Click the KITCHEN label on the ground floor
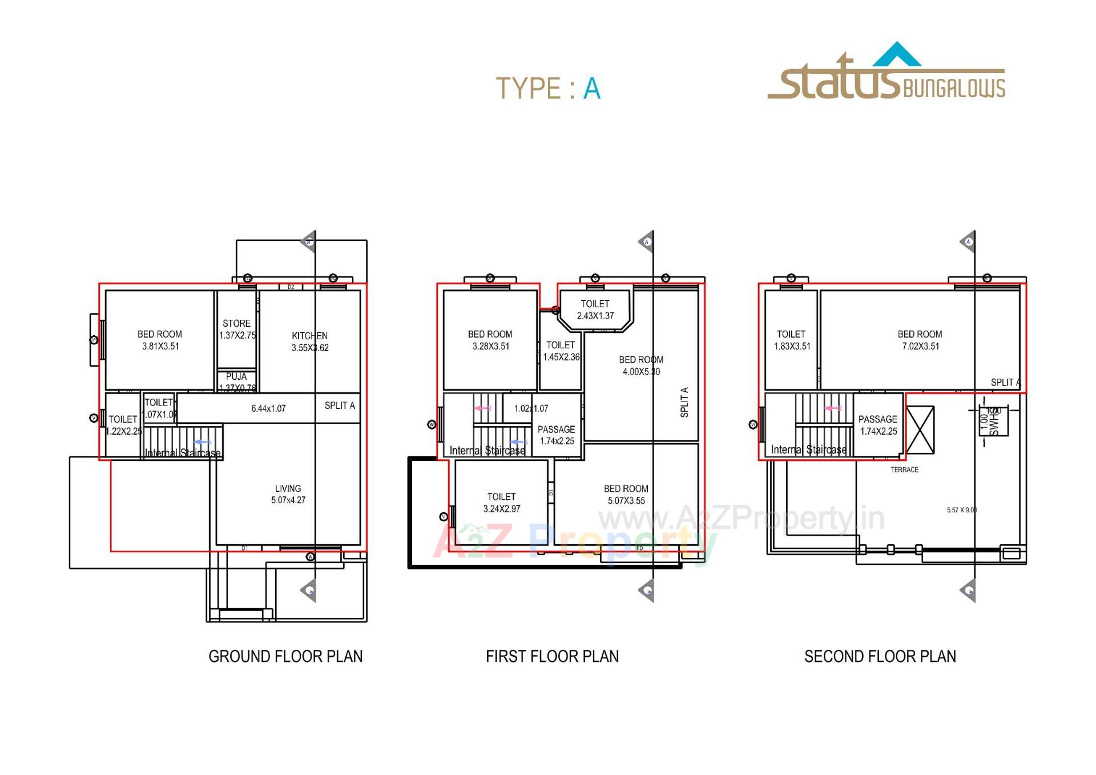[309, 341]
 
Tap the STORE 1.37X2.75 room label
[236, 329]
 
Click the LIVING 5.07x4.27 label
[288, 494]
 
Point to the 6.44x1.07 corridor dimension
[268, 408]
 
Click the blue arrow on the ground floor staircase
[202, 442]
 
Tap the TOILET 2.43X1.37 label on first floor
[595, 310]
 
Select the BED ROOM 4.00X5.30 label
[640, 366]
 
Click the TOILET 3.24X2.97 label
[501, 503]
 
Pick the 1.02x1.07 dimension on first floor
[531, 408]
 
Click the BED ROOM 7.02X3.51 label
[920, 340]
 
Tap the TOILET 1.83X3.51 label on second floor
[791, 340]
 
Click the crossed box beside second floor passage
[920, 430]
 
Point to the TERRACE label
[904, 469]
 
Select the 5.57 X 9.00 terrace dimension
[961, 509]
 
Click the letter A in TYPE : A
[591, 89]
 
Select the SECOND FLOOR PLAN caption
[880, 656]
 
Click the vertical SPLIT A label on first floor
[684, 402]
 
